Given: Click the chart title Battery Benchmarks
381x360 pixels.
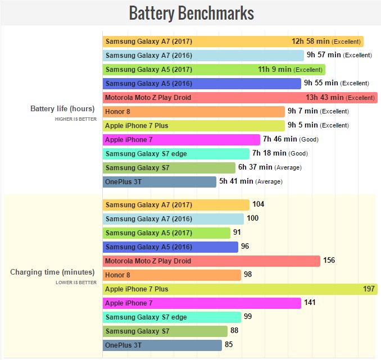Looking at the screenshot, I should [x=191, y=13].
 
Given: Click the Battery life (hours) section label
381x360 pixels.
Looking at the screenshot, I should [x=62, y=109].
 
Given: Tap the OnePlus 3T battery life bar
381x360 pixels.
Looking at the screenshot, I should [x=160, y=181].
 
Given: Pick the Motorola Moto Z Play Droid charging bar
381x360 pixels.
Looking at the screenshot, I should [x=211, y=261].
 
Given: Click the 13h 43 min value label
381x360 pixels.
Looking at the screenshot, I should [x=325, y=98].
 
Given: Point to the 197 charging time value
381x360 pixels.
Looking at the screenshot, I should [x=369, y=289].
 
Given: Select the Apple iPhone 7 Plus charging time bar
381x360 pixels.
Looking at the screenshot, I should [x=240, y=289].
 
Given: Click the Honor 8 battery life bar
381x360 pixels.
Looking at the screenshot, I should [x=193, y=112].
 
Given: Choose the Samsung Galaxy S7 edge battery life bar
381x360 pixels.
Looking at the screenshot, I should [x=176, y=154].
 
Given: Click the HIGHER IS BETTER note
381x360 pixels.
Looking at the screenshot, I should [x=76, y=119].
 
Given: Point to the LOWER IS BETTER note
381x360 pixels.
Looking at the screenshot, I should [x=76, y=282].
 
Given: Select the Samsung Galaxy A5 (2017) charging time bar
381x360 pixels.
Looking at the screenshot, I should [x=166, y=233].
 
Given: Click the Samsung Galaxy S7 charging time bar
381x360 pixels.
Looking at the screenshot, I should [x=165, y=331].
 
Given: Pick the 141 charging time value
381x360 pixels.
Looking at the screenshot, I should [x=310, y=303].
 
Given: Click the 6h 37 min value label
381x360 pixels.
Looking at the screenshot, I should [x=255, y=167].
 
